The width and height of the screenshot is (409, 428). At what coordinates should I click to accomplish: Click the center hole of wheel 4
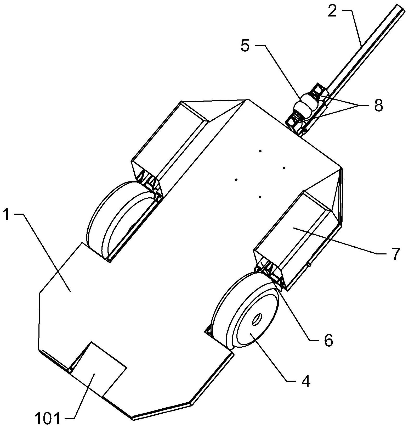click(257, 319)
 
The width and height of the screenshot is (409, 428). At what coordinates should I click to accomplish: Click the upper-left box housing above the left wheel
click(170, 149)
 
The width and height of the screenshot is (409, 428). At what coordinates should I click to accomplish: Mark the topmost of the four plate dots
click(260, 151)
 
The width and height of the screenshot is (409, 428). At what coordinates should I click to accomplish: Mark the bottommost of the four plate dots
click(260, 197)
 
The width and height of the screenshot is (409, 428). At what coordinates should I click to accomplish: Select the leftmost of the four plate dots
click(236, 180)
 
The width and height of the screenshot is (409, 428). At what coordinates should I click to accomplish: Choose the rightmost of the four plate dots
click(284, 168)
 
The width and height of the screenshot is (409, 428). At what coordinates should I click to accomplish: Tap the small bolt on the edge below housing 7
click(309, 265)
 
